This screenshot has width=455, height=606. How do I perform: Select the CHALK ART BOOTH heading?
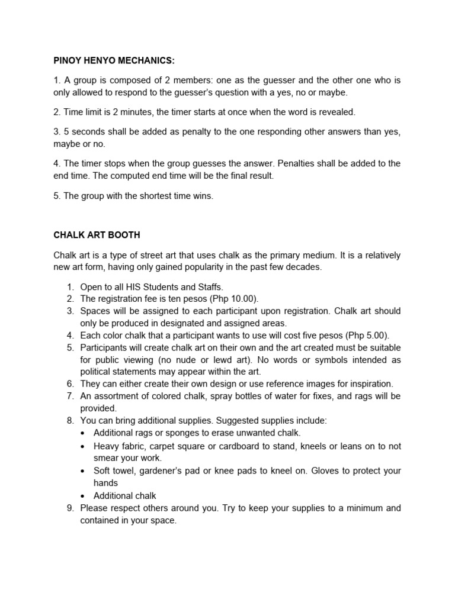click(x=97, y=235)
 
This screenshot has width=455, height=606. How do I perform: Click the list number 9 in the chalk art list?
click(x=70, y=508)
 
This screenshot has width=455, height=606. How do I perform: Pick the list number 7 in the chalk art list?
click(x=70, y=396)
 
